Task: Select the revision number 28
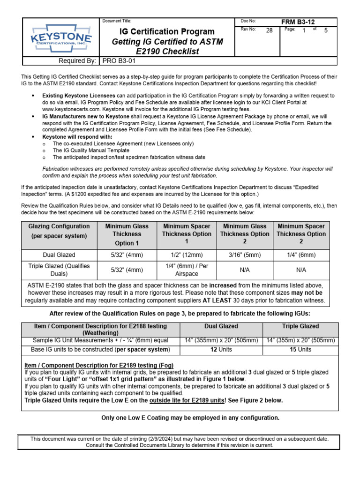[x=269, y=30]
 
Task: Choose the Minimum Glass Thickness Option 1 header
[x=127, y=234]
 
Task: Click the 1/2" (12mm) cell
[x=187, y=255]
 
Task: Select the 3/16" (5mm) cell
[x=245, y=255]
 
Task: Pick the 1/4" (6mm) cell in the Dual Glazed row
[x=301, y=255]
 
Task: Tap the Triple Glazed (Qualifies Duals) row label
[x=58, y=270]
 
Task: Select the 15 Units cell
[x=301, y=349]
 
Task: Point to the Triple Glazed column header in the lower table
[x=301, y=326]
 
